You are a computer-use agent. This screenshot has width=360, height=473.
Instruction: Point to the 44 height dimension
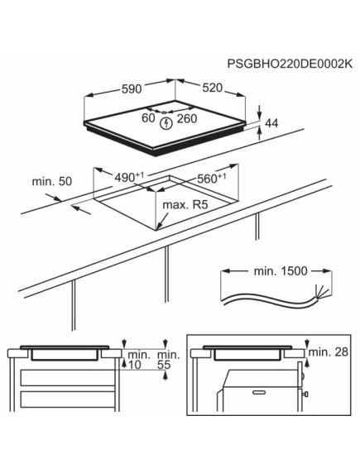271,123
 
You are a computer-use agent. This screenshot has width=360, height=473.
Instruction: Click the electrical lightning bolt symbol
169,124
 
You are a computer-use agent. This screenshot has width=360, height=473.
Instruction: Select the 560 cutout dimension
212,178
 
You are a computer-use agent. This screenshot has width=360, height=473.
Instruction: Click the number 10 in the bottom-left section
136,365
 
